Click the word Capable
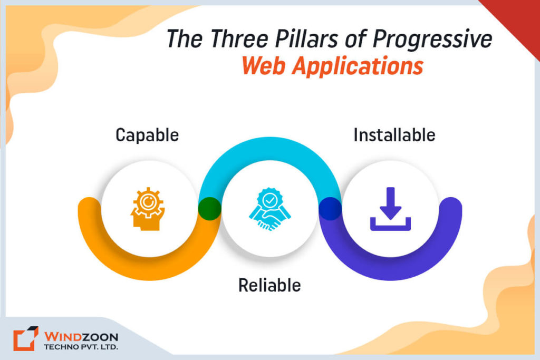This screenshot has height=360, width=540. tap(147, 135)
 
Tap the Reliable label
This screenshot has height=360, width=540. tap(269, 285)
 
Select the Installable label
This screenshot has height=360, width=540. tap(394, 135)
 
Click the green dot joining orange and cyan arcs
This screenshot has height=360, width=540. tap(209, 208)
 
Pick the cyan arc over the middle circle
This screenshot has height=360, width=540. tap(269, 150)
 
